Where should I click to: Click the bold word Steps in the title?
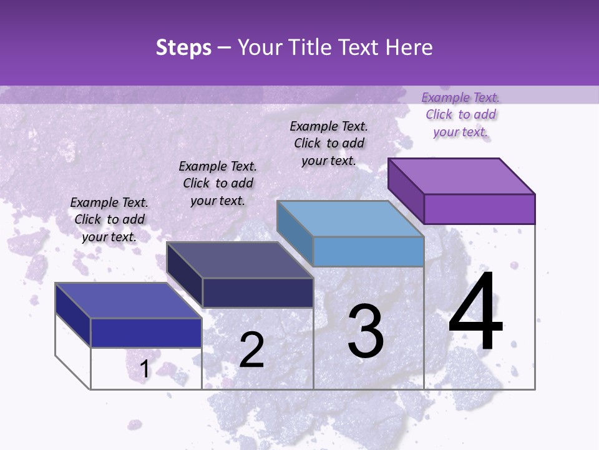tap(183, 48)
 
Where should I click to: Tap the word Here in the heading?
tap(408, 47)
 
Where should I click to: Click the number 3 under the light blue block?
tap(365, 331)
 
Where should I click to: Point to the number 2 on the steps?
tap(251, 349)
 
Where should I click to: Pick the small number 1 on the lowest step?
tap(145, 369)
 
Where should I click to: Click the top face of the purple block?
tap(462, 176)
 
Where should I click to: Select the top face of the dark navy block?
tap(240, 259)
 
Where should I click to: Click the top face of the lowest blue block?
tap(129, 301)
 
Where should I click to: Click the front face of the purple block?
tap(479, 209)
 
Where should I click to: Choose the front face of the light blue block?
tap(368, 251)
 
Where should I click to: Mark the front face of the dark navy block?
tap(258, 292)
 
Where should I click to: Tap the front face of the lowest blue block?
tap(146, 332)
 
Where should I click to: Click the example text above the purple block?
tap(460, 114)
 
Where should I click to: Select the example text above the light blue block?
tap(329, 143)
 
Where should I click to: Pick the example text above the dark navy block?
tap(218, 183)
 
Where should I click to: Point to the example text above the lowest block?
tap(109, 219)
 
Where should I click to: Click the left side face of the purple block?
tap(406, 190)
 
